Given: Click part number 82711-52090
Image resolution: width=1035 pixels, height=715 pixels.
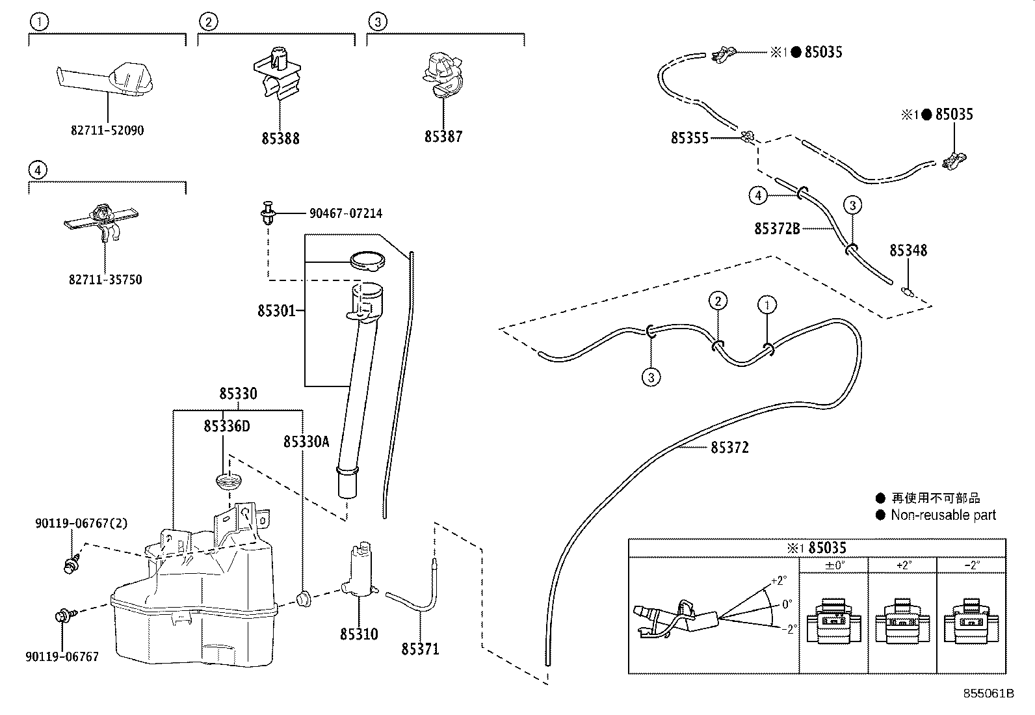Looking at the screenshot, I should (107, 130).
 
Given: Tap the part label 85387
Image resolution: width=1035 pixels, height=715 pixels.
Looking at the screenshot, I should (443, 137).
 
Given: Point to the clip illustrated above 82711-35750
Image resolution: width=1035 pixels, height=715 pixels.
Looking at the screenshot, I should (103, 220).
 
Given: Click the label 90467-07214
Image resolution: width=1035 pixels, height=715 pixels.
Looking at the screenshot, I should (345, 213).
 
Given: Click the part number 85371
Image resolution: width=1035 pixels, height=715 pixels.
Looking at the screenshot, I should (420, 649).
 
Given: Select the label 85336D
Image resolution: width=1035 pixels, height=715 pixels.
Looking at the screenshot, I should (226, 426).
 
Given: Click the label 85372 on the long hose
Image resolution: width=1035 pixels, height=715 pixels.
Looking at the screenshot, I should (729, 448).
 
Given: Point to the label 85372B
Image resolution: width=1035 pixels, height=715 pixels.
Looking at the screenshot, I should (777, 228).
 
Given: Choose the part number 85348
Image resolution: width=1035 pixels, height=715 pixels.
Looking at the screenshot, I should (908, 250).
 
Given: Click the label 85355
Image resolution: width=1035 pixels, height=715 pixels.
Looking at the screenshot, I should (690, 138).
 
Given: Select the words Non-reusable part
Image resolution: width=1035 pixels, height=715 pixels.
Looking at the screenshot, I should (943, 515).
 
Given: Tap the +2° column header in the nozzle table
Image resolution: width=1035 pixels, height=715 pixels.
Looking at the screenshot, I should (902, 565).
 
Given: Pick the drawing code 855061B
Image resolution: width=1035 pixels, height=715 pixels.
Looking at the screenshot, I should (988, 693).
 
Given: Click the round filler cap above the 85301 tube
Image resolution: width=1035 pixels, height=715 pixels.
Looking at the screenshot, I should (367, 260).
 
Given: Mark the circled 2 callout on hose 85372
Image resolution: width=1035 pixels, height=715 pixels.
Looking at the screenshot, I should (718, 301).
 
